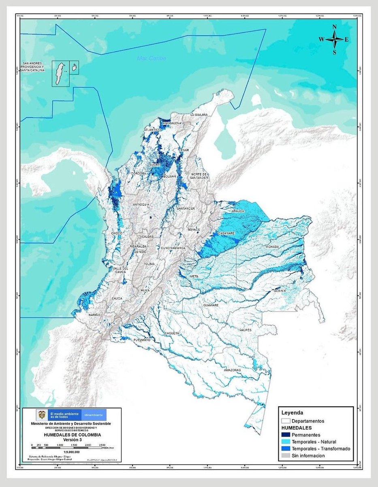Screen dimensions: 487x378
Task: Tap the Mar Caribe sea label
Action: click(152, 58)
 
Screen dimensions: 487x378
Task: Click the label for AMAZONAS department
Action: click(232, 370)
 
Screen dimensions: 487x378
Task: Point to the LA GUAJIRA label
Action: click(199, 115)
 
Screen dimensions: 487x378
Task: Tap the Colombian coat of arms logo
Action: click(41, 414)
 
